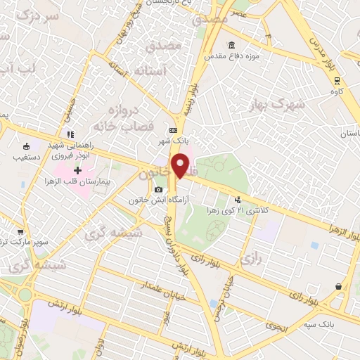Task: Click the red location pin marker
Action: point(181,167)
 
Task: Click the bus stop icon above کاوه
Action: point(337,79)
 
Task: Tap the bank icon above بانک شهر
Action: point(173,130)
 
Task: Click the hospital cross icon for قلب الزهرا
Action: point(77,169)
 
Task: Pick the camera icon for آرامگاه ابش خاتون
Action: point(160,189)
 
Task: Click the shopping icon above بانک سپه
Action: point(339,286)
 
